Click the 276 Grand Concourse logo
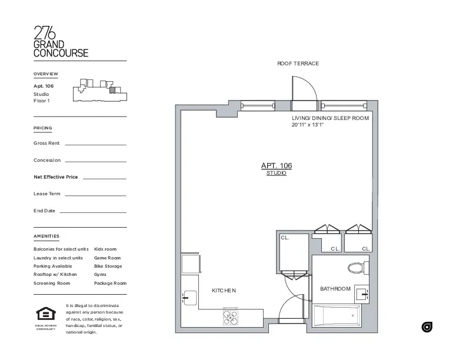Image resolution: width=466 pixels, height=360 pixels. (x=61, y=42)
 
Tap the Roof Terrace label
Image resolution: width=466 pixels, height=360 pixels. (x=298, y=64)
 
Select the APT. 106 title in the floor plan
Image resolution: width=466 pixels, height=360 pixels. (x=276, y=166)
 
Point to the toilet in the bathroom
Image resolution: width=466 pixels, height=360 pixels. (x=357, y=268)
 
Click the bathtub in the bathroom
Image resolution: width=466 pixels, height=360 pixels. (x=339, y=318)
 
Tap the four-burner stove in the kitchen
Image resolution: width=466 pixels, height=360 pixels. (x=231, y=318)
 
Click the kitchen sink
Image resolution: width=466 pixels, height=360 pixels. (x=189, y=298)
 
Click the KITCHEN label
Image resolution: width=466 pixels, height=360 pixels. (x=224, y=291)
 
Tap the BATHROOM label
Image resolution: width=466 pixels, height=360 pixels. (x=335, y=289)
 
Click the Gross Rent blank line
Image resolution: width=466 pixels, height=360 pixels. (x=95, y=144)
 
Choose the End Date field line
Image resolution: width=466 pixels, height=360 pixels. (x=92, y=212)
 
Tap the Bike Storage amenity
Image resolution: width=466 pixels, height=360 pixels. (x=108, y=266)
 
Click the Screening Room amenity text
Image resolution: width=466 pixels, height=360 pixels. (x=52, y=283)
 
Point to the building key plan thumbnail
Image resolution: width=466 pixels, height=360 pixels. (x=98, y=91)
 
